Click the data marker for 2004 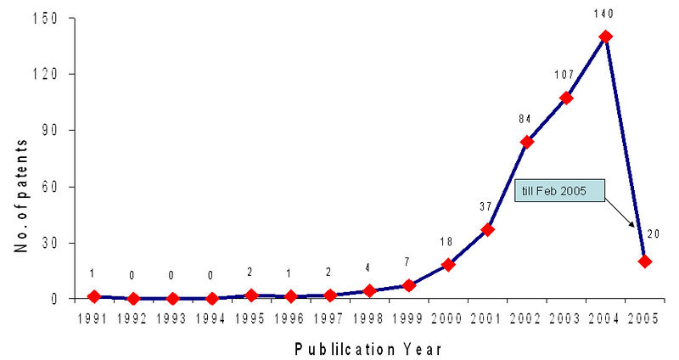coord(605,37)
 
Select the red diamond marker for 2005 coord(645,262)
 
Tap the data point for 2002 coord(526,142)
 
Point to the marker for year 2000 coord(448,265)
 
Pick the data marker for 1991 coord(93,296)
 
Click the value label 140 coord(605,13)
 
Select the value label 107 coord(565,76)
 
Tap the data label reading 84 coord(525,119)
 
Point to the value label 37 coord(486,206)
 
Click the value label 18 coord(446,242)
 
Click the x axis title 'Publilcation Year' coord(368,348)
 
